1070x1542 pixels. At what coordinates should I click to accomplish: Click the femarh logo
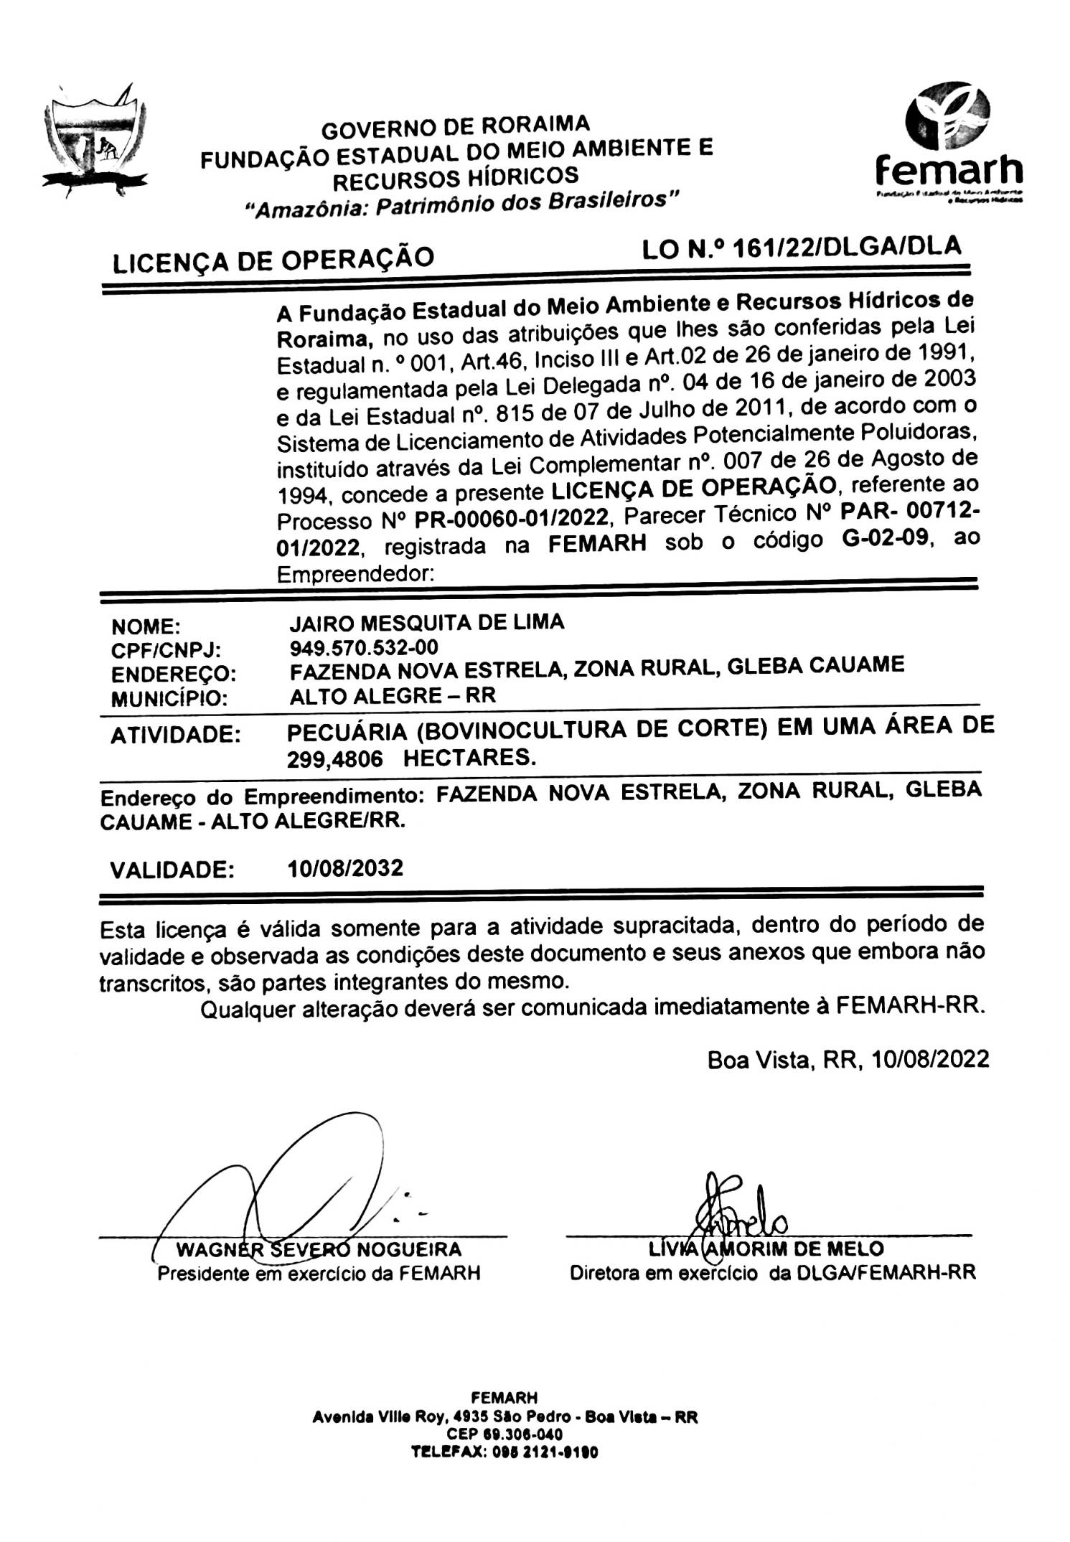click(x=948, y=144)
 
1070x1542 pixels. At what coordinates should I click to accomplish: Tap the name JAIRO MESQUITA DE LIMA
click(x=426, y=622)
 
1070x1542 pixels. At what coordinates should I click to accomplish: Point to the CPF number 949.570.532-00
click(x=364, y=647)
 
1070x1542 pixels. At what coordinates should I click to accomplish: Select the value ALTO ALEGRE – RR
click(x=392, y=695)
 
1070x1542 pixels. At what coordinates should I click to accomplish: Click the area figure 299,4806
click(x=334, y=759)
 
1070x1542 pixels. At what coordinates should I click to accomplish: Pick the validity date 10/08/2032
click(x=345, y=868)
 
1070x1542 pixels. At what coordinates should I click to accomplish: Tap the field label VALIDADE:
click(x=172, y=870)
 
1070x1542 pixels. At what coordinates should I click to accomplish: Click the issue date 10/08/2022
click(x=931, y=1059)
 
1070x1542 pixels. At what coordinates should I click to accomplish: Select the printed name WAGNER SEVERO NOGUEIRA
click(x=319, y=1249)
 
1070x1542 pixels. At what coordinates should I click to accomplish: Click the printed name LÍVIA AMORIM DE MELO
click(x=766, y=1248)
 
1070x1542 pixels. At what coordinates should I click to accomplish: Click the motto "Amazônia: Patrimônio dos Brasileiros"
click(x=461, y=203)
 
